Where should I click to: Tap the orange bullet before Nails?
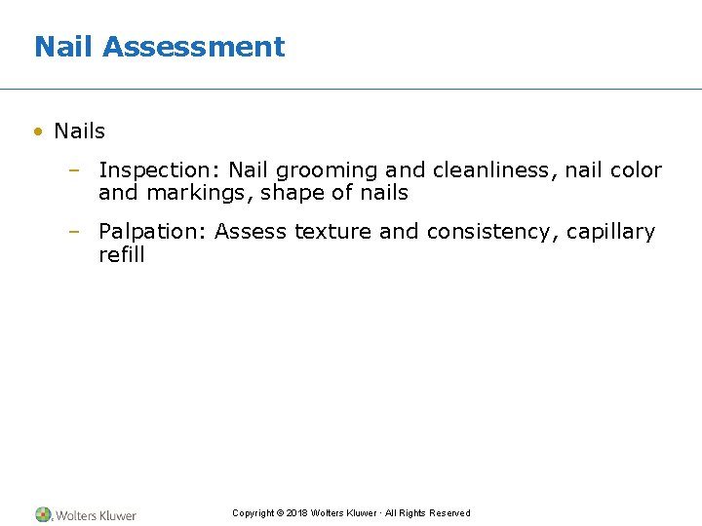[x=38, y=131]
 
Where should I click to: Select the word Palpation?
[x=152, y=232]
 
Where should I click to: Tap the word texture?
[x=332, y=232]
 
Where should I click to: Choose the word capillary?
[x=610, y=232]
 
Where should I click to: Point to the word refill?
[x=121, y=255]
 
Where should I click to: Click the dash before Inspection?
[x=73, y=171]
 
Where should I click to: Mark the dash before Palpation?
[x=73, y=232]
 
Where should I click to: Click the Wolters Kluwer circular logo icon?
[x=44, y=514]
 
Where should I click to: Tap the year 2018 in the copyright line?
[x=296, y=513]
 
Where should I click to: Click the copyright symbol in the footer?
[x=280, y=513]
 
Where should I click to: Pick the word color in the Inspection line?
[x=639, y=171]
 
